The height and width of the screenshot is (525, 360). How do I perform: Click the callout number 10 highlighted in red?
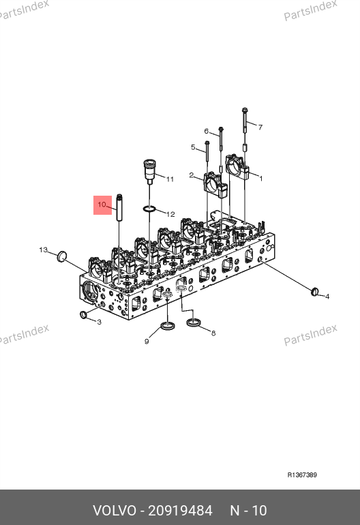tap(102, 205)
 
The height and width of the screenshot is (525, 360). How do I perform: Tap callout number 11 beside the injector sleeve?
tap(170, 179)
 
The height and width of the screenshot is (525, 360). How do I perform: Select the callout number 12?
tap(170, 214)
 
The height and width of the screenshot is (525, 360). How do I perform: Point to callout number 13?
tap(43, 250)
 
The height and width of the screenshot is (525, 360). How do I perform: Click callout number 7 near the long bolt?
tap(260, 127)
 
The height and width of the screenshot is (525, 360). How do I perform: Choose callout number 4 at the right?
tap(327, 297)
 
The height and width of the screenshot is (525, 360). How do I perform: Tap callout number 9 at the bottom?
tap(147, 342)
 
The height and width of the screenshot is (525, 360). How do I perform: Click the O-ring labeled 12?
tap(149, 209)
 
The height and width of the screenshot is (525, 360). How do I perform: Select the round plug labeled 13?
tap(61, 256)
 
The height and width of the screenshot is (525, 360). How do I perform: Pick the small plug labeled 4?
tap(315, 292)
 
